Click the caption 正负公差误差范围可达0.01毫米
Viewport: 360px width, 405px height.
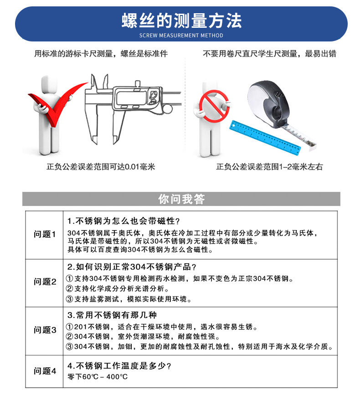click(x=101, y=167)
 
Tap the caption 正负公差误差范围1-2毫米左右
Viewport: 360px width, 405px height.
click(x=269, y=167)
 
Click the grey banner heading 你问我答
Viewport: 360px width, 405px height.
click(x=181, y=199)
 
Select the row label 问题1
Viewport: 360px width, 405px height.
click(x=45, y=235)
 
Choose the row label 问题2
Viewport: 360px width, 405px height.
click(x=45, y=282)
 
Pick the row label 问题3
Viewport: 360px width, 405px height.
click(x=45, y=330)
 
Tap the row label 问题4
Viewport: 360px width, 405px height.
click(x=45, y=371)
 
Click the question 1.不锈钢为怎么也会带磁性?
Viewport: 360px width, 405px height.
click(x=123, y=221)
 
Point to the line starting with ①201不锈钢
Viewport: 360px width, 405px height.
click(x=162, y=327)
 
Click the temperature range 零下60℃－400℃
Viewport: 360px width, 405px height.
click(x=98, y=377)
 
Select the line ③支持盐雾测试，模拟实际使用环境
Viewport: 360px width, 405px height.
click(x=129, y=299)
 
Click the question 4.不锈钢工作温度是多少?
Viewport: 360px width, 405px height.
click(x=119, y=366)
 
